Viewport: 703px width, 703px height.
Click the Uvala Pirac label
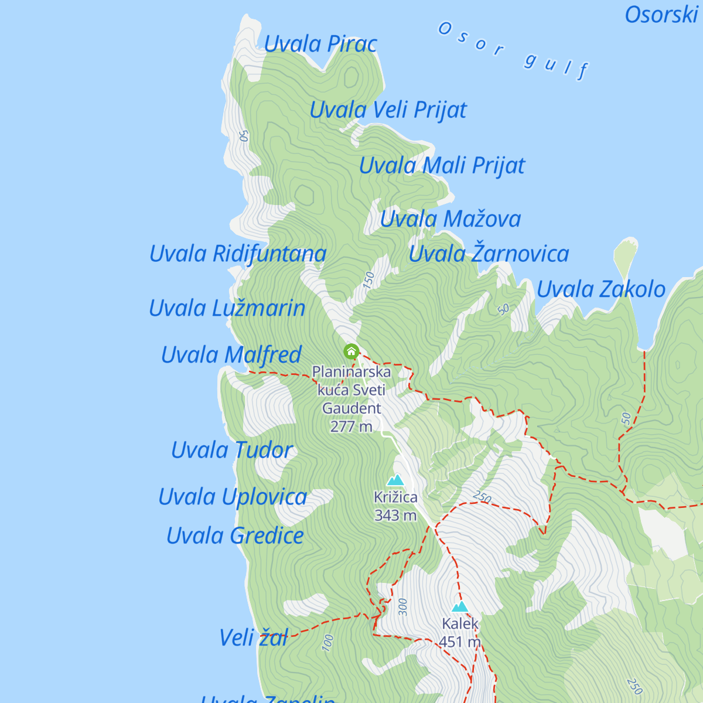[320, 45]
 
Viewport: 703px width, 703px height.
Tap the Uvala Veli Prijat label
[388, 110]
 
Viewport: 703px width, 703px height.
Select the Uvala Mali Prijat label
[442, 166]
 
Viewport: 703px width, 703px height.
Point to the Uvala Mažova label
[450, 219]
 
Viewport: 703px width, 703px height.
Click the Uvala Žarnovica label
[489, 254]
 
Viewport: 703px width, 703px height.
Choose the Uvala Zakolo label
[601, 289]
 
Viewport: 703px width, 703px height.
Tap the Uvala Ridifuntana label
[237, 254]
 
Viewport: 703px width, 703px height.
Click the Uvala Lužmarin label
[227, 308]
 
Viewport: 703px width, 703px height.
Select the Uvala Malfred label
[231, 355]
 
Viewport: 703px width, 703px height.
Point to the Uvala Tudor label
[232, 451]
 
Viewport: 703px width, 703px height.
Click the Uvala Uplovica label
[233, 497]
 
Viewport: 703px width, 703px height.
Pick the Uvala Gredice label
[235, 536]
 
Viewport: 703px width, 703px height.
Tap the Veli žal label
[254, 638]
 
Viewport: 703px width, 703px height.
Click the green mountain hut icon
[351, 351]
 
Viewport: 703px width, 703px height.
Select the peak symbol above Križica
[396, 480]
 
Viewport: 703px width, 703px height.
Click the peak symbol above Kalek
[460, 606]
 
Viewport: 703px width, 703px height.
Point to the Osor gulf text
[513, 50]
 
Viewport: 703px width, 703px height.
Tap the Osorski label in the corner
[661, 15]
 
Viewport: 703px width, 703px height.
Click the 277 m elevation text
[351, 426]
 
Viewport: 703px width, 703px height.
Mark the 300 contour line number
[402, 607]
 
